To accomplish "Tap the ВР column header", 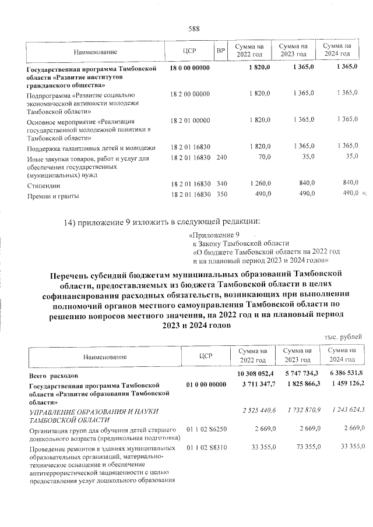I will tap(220, 51).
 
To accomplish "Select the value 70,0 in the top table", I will tap(261, 157).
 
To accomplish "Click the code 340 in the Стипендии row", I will tap(221, 185).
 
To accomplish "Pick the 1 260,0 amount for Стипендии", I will tap(259, 185).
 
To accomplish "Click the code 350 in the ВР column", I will tap(221, 197).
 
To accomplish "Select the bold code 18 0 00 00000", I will tap(190, 69).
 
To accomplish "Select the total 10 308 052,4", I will tap(256, 373).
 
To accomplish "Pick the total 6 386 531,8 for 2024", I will tap(346, 373).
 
